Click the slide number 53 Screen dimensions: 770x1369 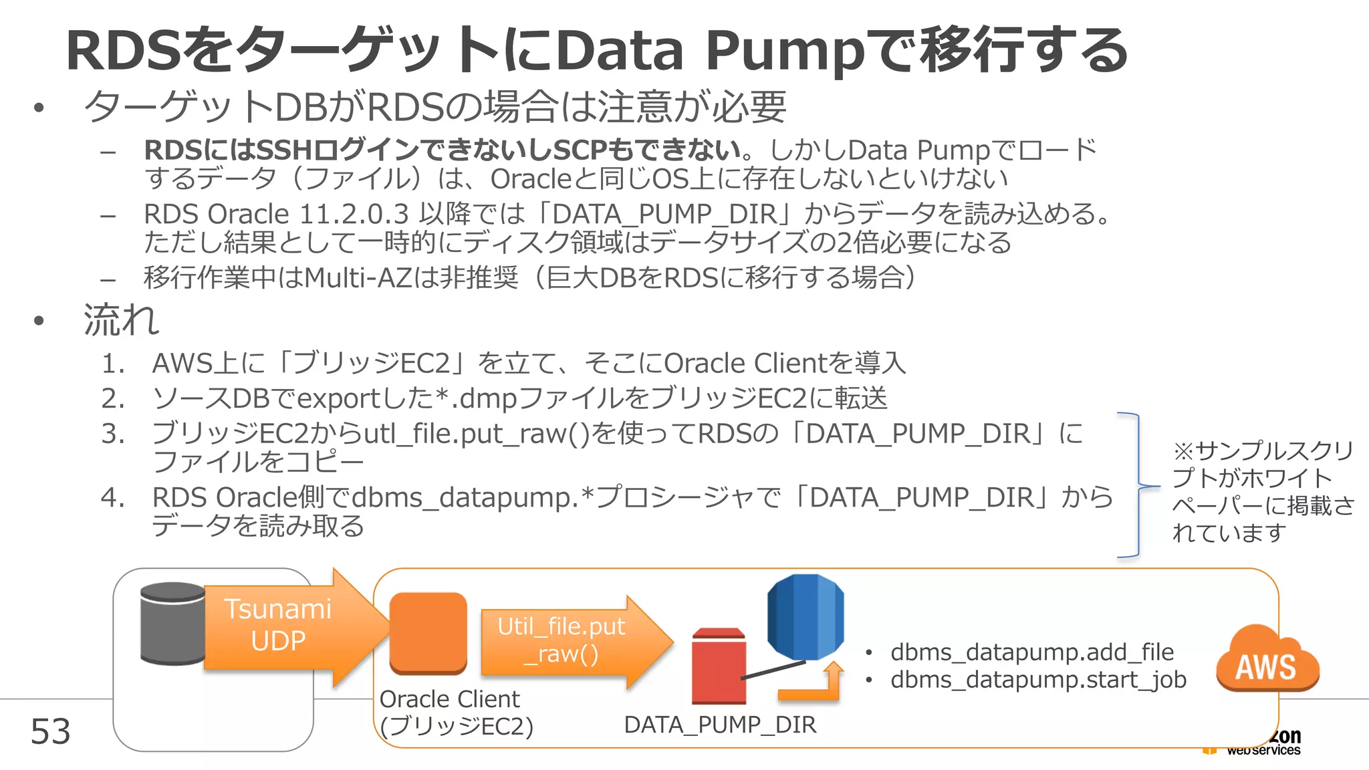50,731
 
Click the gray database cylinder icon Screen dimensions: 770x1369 172,623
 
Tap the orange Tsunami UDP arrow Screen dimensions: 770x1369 287,626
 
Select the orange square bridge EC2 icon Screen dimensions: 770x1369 428,632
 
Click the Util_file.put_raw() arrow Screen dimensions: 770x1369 568,640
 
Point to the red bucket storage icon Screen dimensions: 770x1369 719,666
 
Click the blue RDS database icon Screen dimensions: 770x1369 805,616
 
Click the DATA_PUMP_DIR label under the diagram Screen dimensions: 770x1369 720,725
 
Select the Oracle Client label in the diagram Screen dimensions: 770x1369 449,699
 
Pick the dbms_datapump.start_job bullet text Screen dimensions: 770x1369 1038,680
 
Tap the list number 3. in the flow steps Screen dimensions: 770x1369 113,434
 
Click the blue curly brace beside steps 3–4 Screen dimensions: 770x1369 1138,485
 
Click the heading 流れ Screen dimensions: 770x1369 121,319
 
